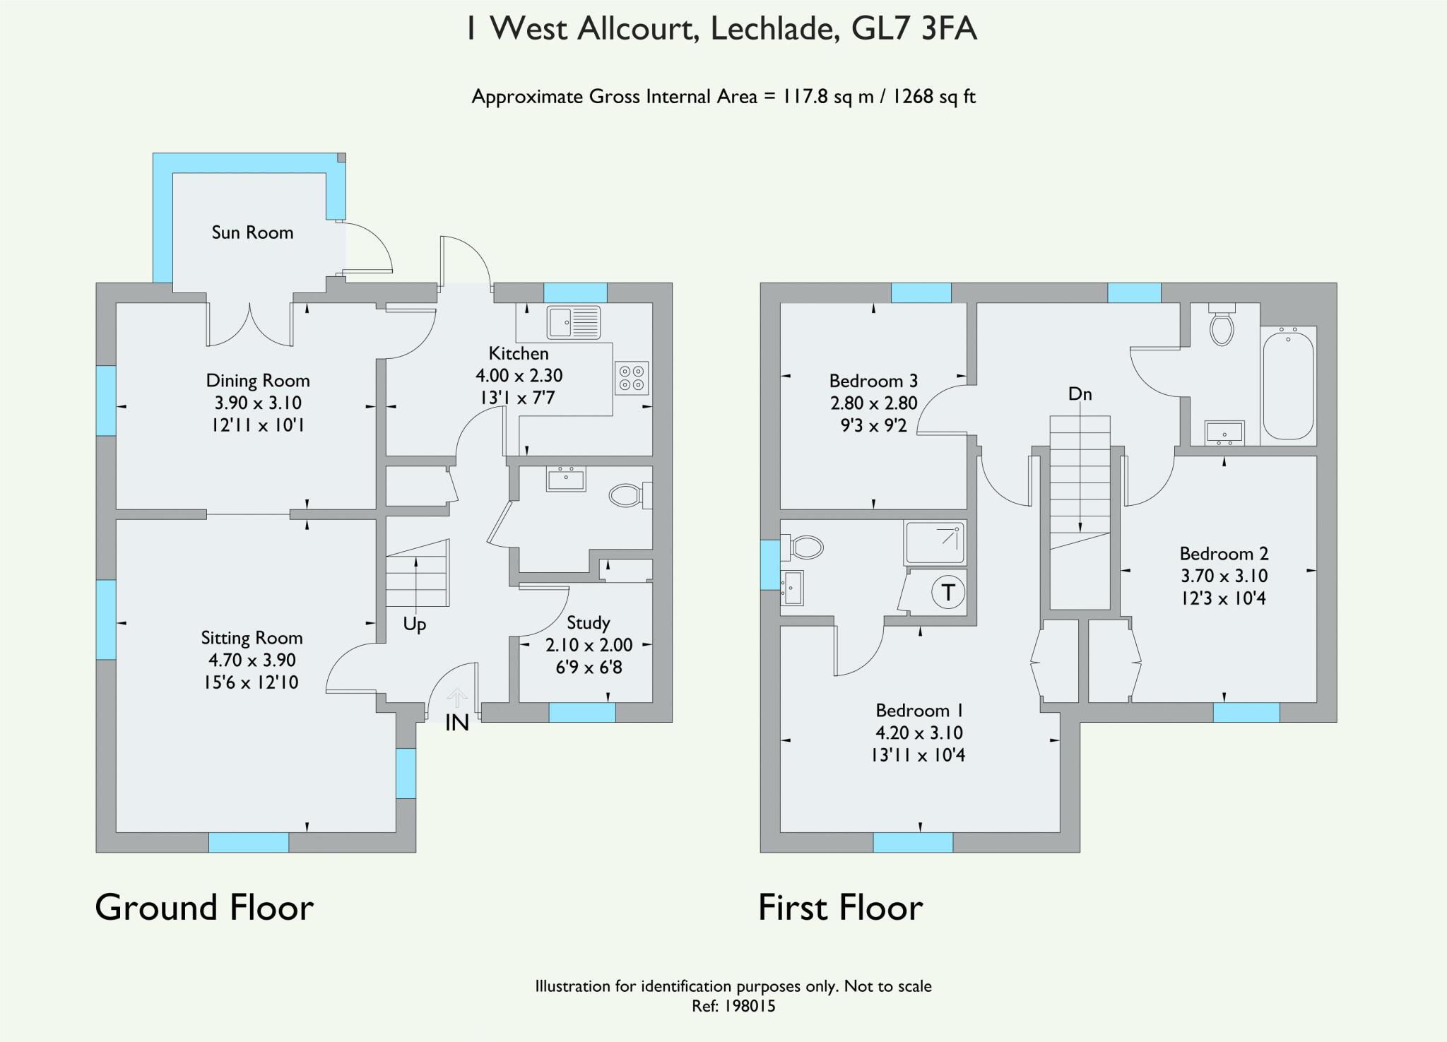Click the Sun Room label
(x=252, y=232)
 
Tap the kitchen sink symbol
(x=573, y=323)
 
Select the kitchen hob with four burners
(x=631, y=377)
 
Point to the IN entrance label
(x=457, y=723)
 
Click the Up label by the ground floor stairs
(x=415, y=624)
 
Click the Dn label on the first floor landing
(x=1080, y=394)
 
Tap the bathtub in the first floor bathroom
(x=1288, y=385)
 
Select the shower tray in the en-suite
(x=935, y=543)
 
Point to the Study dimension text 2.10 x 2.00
(x=589, y=645)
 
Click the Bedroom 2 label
(x=1224, y=554)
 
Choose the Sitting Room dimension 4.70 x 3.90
(x=252, y=661)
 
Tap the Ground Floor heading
(x=204, y=908)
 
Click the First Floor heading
(x=840, y=908)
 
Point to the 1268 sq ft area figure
(x=934, y=97)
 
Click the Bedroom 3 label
(x=873, y=381)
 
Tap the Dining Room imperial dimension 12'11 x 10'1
(x=258, y=425)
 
